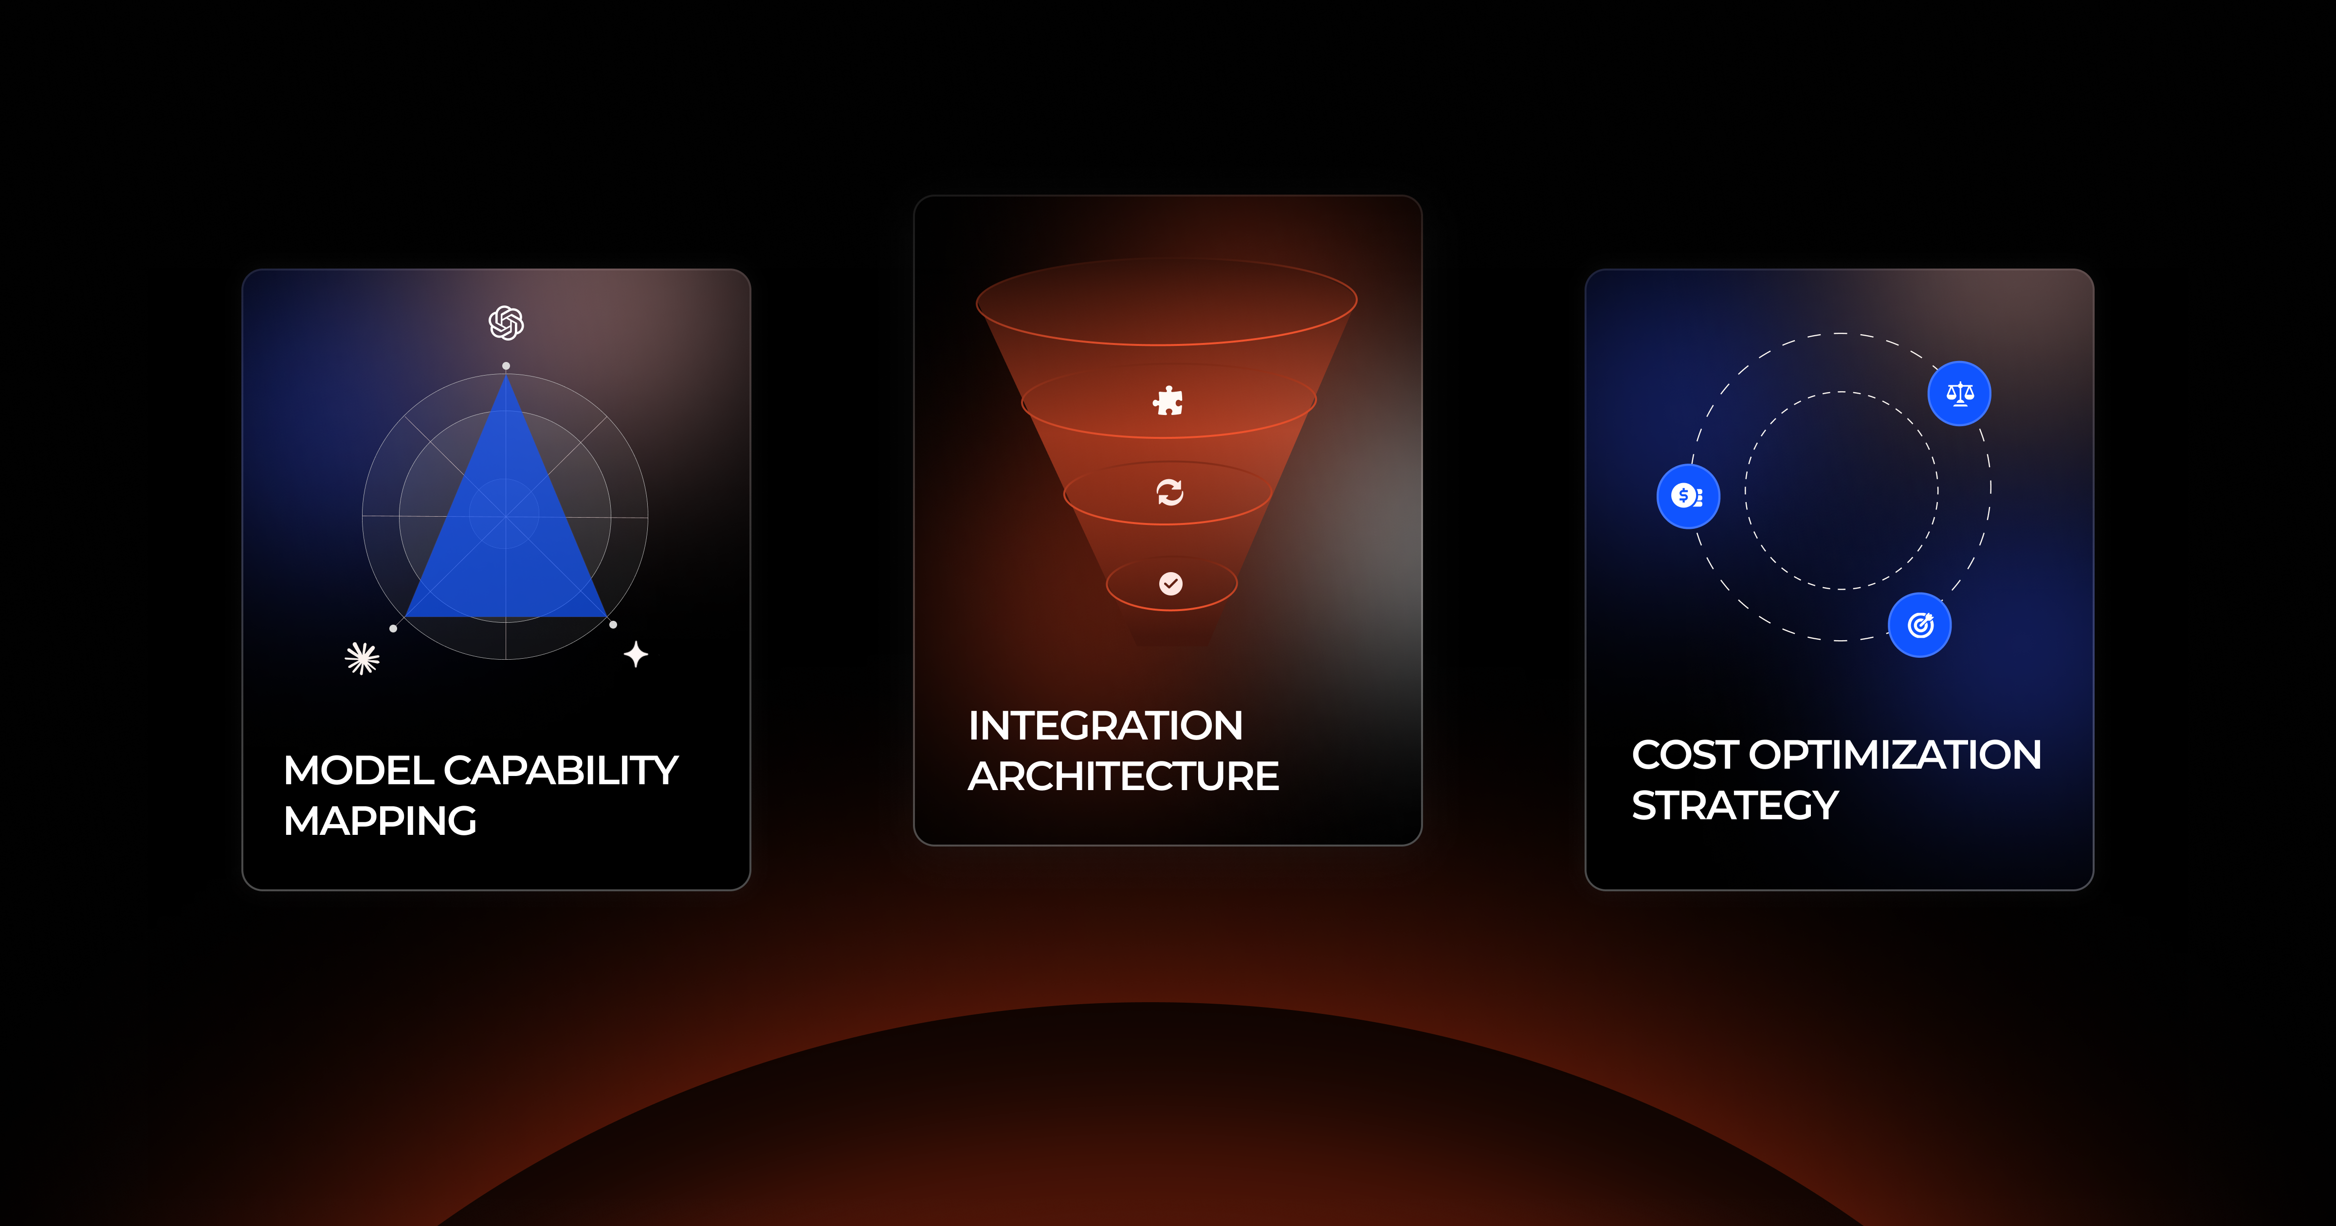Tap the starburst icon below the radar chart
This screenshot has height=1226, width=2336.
coord(363,658)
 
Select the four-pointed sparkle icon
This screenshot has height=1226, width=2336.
coord(636,654)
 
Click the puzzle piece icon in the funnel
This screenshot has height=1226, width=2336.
coord(1168,401)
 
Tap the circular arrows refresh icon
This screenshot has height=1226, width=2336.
coord(1170,492)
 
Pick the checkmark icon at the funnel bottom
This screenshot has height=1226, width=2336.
coord(1171,583)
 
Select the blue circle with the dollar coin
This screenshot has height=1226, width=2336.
coord(1688,496)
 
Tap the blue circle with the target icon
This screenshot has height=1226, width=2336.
coord(1920,625)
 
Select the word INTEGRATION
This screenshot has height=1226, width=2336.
coord(1105,725)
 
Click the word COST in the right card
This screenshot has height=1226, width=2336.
coord(1685,756)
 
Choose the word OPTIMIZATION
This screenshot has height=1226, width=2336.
coord(1895,756)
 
